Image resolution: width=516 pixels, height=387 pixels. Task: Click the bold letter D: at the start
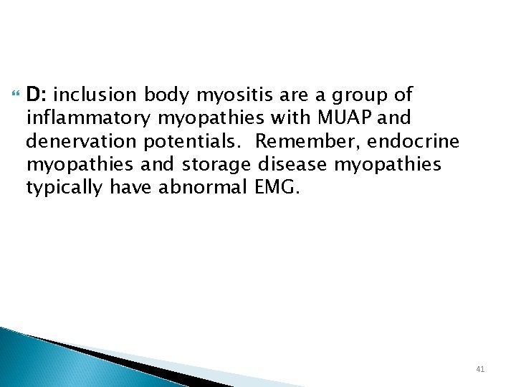[37, 95]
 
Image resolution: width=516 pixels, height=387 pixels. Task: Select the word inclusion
[95, 95]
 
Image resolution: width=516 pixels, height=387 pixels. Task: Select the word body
[166, 96]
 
